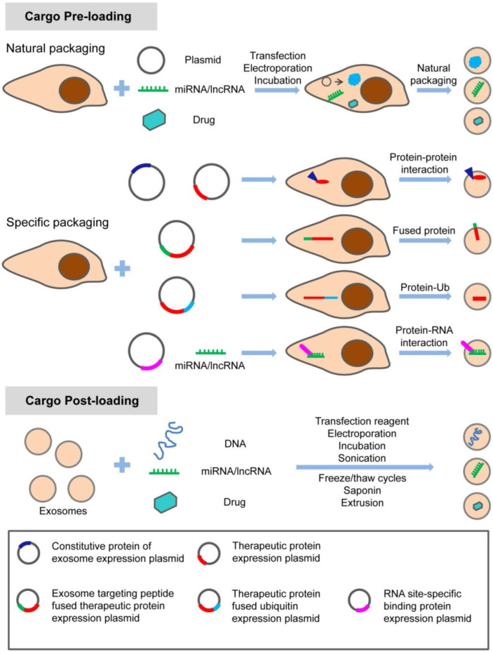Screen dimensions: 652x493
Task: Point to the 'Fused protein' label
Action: pos(421,230)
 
